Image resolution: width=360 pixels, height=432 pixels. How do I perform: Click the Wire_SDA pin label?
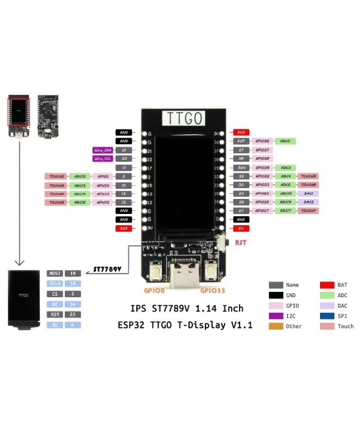[103, 150]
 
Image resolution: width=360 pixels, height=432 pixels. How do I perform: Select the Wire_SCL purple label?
[103, 158]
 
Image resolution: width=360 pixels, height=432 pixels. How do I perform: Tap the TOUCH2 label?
[56, 176]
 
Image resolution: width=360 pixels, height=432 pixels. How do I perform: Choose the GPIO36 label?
[262, 141]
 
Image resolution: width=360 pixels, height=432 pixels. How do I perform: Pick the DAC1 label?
[308, 194]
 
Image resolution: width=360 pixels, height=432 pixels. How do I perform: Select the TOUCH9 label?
[308, 176]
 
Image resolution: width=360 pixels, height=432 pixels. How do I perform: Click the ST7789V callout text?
[109, 268]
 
